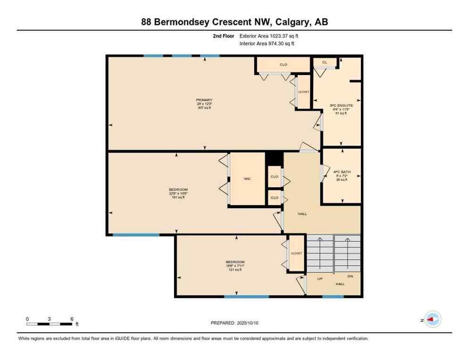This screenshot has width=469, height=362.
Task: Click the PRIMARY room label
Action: (x=204, y=100)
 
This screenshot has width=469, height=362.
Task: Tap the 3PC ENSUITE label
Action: (x=341, y=106)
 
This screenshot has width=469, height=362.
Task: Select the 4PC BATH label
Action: (x=342, y=172)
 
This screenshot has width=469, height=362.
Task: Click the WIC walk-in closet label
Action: (x=247, y=179)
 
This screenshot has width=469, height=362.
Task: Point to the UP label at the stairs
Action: (x=319, y=279)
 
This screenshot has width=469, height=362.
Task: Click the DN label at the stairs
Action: (x=350, y=277)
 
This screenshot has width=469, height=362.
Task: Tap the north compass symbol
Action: (x=432, y=320)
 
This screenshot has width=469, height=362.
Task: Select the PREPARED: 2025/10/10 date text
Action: (x=234, y=323)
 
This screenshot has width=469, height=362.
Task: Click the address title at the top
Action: (x=234, y=22)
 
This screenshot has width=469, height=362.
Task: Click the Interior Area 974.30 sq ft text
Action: (x=267, y=44)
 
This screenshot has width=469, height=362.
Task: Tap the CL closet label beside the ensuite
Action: (x=325, y=62)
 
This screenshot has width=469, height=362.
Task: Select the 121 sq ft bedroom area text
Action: (x=234, y=270)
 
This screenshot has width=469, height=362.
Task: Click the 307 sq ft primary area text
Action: (x=204, y=108)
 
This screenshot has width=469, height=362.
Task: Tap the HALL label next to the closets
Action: (x=302, y=214)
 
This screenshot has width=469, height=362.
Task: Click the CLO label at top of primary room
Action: (x=283, y=65)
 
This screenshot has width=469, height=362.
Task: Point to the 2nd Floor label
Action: (x=224, y=36)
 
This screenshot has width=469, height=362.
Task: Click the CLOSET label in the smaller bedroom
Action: (x=296, y=253)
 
